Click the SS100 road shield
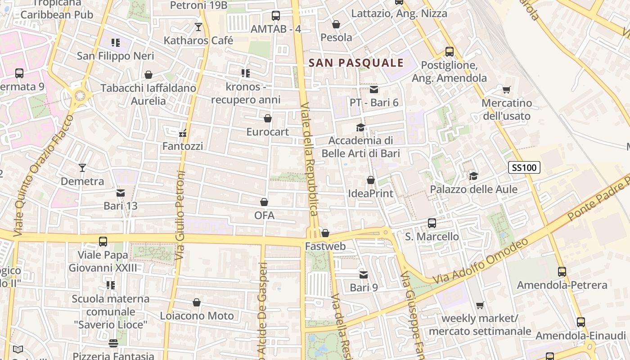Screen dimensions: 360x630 pyautogui.click(x=524, y=168)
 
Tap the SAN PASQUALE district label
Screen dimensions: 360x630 pyautogui.click(x=356, y=63)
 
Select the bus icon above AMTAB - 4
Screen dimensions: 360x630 pyautogui.click(x=276, y=16)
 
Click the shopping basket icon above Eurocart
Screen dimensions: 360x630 pyautogui.click(x=268, y=118)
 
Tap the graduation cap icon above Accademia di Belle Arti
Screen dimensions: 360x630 pyautogui.click(x=360, y=127)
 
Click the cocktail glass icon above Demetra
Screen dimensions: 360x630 pyautogui.click(x=82, y=168)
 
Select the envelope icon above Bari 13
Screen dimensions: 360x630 pyautogui.click(x=121, y=193)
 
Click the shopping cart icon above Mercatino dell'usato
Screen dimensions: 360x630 pyautogui.click(x=507, y=90)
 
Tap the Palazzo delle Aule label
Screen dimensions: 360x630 pyautogui.click(x=474, y=189)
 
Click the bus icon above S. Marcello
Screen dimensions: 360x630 pyautogui.click(x=432, y=223)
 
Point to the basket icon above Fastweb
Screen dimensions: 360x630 pyautogui.click(x=325, y=233)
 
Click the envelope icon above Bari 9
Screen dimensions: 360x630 pyautogui.click(x=364, y=274)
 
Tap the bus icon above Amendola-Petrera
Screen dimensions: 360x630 pyautogui.click(x=562, y=271)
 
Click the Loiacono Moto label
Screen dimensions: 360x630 pyautogui.click(x=197, y=316)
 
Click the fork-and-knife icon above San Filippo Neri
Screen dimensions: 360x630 pyautogui.click(x=116, y=43)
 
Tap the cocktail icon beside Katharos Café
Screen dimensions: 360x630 pyautogui.click(x=198, y=27)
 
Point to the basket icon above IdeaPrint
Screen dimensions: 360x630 pyautogui.click(x=371, y=180)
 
